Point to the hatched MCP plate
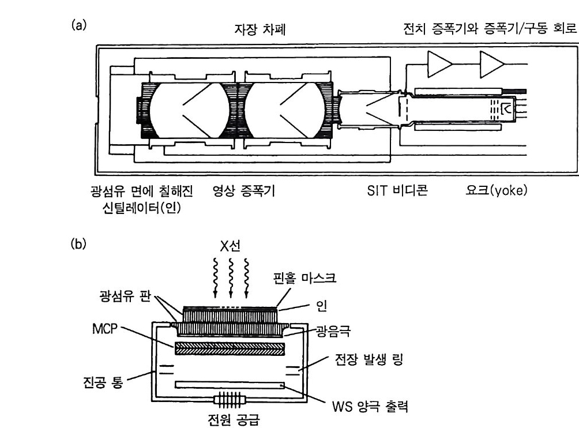231,348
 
